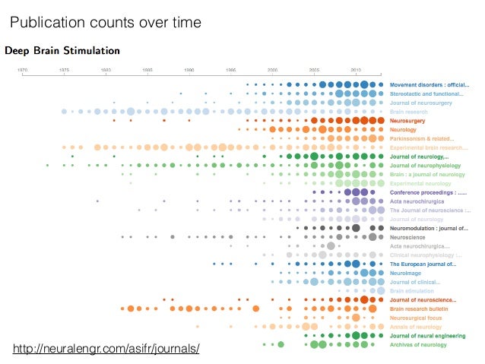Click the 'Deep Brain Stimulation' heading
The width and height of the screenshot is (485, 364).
(62, 51)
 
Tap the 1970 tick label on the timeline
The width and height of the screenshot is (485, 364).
(24, 69)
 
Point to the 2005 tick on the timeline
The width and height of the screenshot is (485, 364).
(314, 69)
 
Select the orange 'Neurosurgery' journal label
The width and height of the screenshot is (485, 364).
(408, 121)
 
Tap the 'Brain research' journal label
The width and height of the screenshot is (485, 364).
(409, 112)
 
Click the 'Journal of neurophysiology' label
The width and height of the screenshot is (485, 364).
(426, 165)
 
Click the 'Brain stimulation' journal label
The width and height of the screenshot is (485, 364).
(413, 290)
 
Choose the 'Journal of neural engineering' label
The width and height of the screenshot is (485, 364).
(426, 335)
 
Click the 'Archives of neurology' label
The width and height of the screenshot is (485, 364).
(419, 344)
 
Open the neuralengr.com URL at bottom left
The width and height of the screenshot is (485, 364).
(107, 349)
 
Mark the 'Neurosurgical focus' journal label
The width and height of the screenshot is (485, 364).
(417, 318)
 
